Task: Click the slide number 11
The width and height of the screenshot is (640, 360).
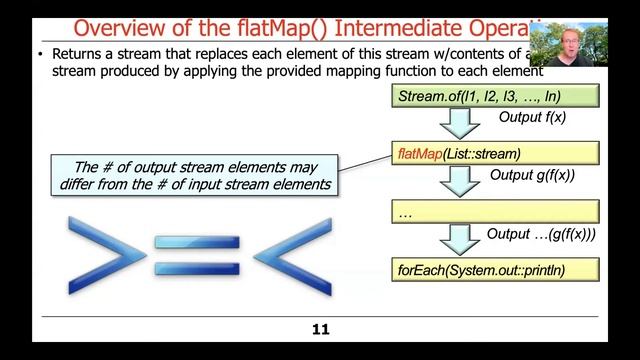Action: tap(320, 329)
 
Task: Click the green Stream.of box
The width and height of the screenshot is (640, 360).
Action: tap(494, 97)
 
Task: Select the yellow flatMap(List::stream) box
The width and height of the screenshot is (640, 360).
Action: tap(494, 154)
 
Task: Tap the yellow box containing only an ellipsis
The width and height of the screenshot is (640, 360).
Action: tap(494, 212)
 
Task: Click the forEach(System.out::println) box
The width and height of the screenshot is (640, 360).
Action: tap(494, 269)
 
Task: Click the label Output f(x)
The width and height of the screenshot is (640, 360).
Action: tap(533, 118)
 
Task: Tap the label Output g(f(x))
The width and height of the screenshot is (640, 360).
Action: tap(532, 175)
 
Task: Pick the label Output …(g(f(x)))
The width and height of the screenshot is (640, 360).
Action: tap(540, 233)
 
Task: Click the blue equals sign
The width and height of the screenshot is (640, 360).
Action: tap(200, 256)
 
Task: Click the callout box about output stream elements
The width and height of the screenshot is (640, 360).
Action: tap(196, 174)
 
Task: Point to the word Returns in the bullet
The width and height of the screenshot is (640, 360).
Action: tap(73, 54)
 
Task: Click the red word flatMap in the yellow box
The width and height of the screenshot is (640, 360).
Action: tap(419, 154)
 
